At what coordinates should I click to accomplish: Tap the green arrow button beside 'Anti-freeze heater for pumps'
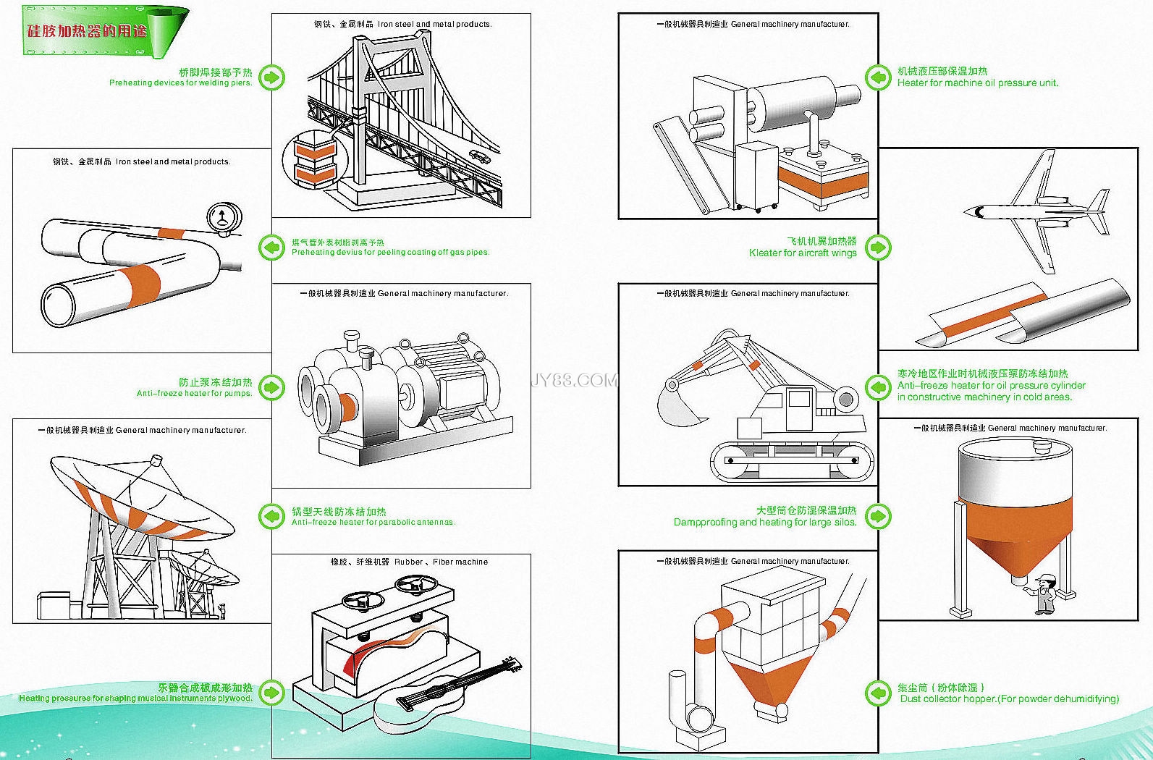(x=271, y=387)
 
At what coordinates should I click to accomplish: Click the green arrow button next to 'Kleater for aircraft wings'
(x=878, y=248)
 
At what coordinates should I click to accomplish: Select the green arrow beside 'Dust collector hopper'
(x=878, y=693)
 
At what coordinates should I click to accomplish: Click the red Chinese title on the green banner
(x=87, y=31)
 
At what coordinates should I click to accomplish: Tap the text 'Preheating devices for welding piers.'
(x=181, y=83)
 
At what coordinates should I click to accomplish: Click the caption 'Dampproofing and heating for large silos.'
(x=765, y=522)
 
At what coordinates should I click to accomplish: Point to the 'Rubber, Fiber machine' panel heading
(x=410, y=562)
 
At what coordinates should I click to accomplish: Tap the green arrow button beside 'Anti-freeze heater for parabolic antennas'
(x=271, y=516)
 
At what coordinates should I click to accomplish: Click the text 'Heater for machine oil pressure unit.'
(x=977, y=83)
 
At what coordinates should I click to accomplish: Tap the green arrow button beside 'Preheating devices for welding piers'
(x=271, y=77)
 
